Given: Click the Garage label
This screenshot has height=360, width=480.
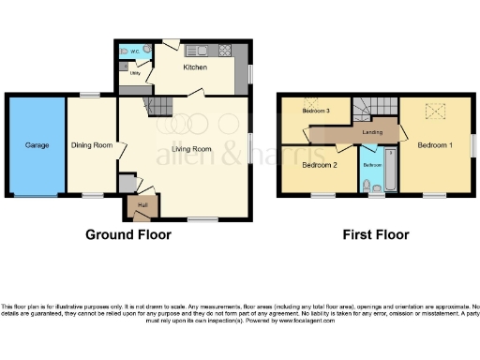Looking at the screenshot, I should pyautogui.click(x=36, y=145).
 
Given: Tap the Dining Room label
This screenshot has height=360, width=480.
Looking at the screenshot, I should pyautogui.click(x=92, y=145).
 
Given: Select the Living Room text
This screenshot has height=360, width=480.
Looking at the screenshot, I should pyautogui.click(x=188, y=148).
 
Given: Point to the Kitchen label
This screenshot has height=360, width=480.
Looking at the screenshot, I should pyautogui.click(x=194, y=68).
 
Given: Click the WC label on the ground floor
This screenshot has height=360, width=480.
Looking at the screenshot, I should pyautogui.click(x=135, y=52).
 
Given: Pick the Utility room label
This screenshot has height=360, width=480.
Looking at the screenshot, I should pyautogui.click(x=135, y=71).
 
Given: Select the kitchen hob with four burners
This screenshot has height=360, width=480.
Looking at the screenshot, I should pyautogui.click(x=225, y=52).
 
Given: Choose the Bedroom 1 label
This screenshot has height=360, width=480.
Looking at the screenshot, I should pyautogui.click(x=435, y=146).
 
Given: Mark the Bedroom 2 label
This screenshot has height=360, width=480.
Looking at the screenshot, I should pyautogui.click(x=320, y=165).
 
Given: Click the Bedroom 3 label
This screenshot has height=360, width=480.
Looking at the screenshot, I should pyautogui.click(x=316, y=112).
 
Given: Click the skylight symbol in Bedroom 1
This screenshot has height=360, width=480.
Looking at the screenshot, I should pyautogui.click(x=435, y=112).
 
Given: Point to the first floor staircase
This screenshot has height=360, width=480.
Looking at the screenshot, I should pyautogui.click(x=375, y=110).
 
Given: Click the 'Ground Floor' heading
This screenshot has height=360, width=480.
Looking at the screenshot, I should pyautogui.click(x=128, y=234).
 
